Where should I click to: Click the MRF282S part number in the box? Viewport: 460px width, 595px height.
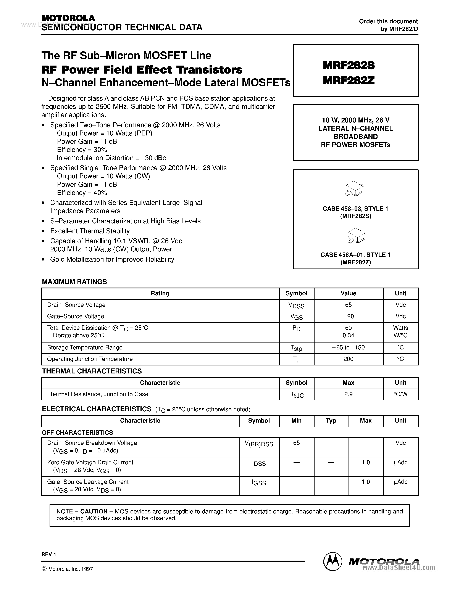[349, 65]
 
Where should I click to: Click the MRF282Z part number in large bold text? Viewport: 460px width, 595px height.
[349, 81]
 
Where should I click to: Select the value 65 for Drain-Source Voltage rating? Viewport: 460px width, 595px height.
[348, 305]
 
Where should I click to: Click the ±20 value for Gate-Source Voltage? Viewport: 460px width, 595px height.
[348, 316]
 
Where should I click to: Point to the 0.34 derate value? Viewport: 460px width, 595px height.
[348, 335]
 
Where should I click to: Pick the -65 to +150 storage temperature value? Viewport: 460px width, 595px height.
[348, 347]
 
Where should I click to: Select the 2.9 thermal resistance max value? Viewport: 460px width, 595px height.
[348, 394]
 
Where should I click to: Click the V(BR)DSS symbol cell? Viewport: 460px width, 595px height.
[259, 444]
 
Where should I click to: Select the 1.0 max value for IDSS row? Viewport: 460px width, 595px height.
[365, 462]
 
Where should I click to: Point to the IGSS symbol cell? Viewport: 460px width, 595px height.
[259, 482]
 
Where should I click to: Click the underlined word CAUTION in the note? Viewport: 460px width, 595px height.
[94, 511]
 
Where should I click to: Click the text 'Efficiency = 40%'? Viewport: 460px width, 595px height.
[82, 193]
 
